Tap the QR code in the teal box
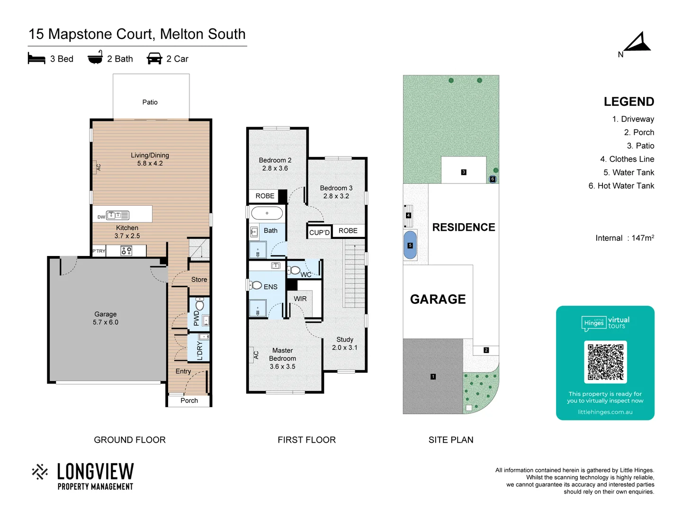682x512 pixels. (x=605, y=362)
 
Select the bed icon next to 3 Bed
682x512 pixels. (x=36, y=58)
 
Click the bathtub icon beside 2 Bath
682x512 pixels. (x=95, y=57)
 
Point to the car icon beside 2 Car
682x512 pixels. (x=154, y=58)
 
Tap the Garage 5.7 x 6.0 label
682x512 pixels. (x=106, y=318)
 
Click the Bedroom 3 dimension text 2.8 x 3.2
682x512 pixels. (x=336, y=196)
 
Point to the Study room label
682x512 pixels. (x=345, y=339)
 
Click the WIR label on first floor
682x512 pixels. (x=300, y=299)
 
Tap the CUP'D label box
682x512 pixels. (x=319, y=232)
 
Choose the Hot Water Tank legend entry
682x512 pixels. (x=621, y=186)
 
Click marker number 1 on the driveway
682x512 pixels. (x=433, y=376)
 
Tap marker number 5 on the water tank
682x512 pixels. (x=410, y=246)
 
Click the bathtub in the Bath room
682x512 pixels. (x=267, y=213)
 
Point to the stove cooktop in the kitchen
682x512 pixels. (x=126, y=251)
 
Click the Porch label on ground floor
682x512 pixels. (x=189, y=401)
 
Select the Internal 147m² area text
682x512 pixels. (x=624, y=238)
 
